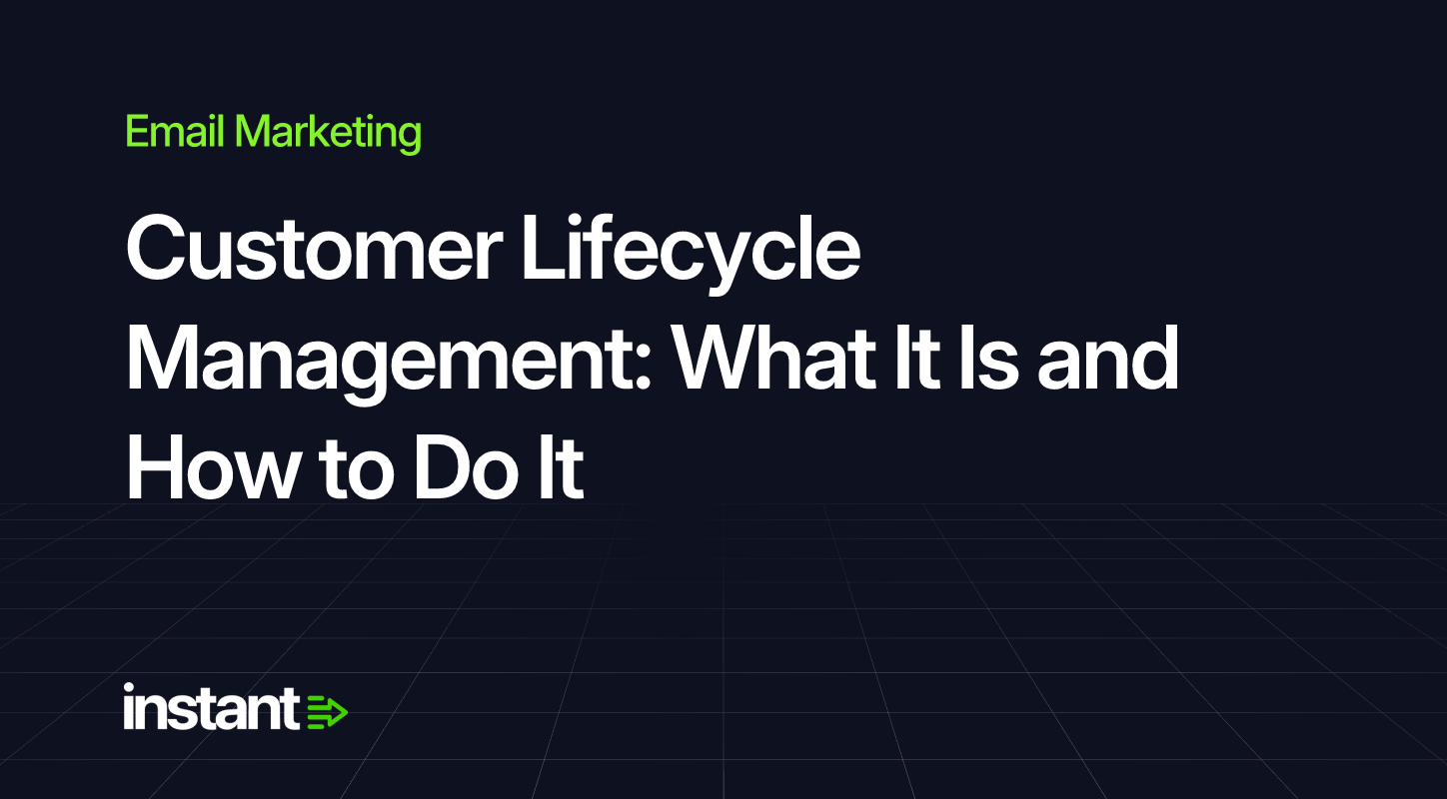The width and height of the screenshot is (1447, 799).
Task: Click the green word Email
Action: tap(175, 131)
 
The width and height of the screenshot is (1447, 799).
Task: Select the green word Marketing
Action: tap(328, 134)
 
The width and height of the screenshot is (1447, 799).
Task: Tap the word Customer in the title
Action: tap(314, 249)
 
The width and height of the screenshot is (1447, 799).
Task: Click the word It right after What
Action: tap(918, 358)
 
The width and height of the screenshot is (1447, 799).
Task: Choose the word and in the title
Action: tap(1108, 358)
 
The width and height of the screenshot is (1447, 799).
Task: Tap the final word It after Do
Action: tap(562, 466)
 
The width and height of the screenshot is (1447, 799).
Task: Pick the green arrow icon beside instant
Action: tap(327, 712)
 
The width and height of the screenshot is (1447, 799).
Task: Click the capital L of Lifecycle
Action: tap(542, 248)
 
